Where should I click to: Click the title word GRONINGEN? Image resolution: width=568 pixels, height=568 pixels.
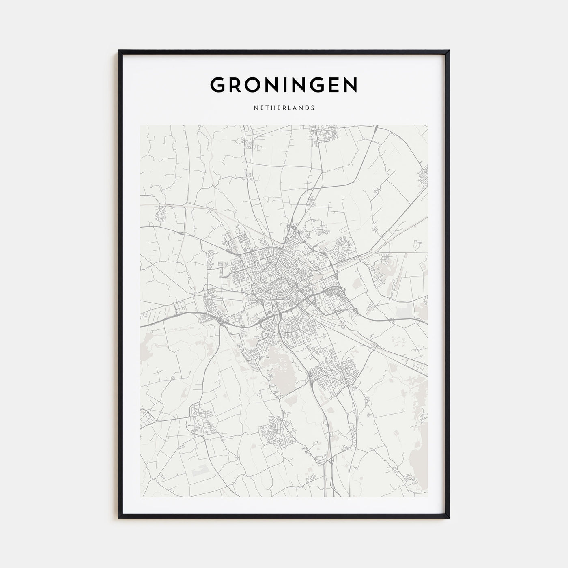(x=284, y=85)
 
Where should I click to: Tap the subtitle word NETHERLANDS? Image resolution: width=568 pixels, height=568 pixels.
(x=284, y=108)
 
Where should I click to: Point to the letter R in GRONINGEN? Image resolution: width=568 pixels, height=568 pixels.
(x=237, y=85)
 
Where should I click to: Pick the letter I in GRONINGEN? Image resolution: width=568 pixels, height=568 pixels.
(x=292, y=85)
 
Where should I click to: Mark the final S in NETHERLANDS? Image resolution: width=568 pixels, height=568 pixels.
(x=313, y=108)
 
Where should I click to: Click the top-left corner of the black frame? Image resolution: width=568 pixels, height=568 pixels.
(x=120, y=51)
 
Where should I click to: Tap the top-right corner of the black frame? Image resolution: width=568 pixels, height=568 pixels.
(x=448, y=51)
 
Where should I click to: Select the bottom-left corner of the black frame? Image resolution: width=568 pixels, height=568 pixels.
(x=120, y=517)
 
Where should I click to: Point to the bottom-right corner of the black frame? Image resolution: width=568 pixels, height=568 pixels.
(x=448, y=517)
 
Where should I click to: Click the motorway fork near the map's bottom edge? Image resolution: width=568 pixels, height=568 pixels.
(x=332, y=463)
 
